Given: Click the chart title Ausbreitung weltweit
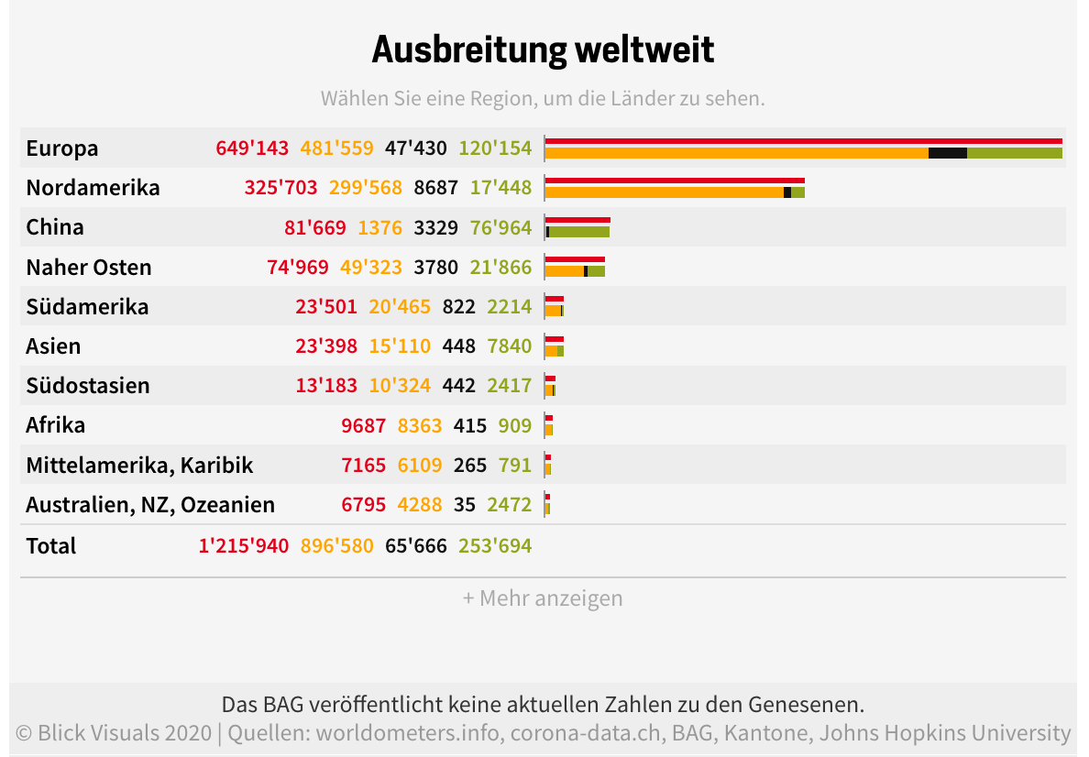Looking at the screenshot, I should [543, 49].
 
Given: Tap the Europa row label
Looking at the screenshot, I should [62, 148].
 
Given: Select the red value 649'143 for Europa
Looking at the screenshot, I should [252, 148].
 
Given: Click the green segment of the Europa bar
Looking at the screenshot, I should [1014, 153].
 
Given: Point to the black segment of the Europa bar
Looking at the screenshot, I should [947, 153].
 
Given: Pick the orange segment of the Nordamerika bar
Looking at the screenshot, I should [664, 192].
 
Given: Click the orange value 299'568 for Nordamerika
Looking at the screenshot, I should [365, 188].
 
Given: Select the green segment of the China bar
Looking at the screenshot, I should [579, 232].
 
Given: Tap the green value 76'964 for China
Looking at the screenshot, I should [500, 227].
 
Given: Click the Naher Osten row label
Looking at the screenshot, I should [89, 268].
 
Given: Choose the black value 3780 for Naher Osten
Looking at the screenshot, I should [436, 268].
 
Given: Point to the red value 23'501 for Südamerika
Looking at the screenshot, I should [325, 307].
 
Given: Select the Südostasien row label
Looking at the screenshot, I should [88, 386].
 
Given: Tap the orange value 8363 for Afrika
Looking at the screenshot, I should [419, 425].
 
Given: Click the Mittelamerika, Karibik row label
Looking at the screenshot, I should [139, 466].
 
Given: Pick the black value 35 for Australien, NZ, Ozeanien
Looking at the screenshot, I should [465, 505].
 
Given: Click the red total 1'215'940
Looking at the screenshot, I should [243, 546].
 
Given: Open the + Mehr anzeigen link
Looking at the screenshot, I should [543, 598].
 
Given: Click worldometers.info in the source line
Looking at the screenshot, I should [409, 733].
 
